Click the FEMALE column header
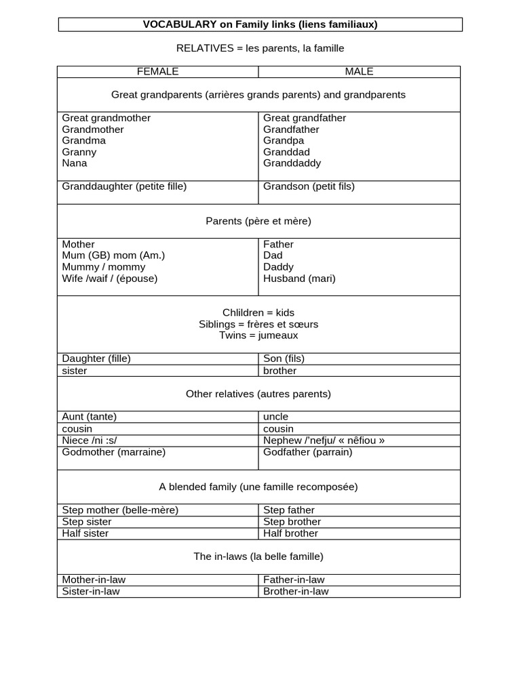tap(157, 71)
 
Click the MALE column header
tap(359, 71)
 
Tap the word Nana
tap(75, 163)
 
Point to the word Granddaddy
tap(292, 163)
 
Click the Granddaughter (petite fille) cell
tap(124, 186)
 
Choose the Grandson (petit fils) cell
tap(309, 186)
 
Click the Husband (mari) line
tap(299, 279)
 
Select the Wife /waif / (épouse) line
tap(109, 279)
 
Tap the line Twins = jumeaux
tap(258, 335)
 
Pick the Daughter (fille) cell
tap(96, 359)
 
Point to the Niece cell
tap(85, 441)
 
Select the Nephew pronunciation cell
tap(324, 441)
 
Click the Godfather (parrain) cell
tap(307, 452)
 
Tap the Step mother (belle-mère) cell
tap(120, 510)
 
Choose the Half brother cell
tap(290, 533)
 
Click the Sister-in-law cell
tap(92, 592)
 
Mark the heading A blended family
tap(258, 487)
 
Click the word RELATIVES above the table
tap(201, 48)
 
